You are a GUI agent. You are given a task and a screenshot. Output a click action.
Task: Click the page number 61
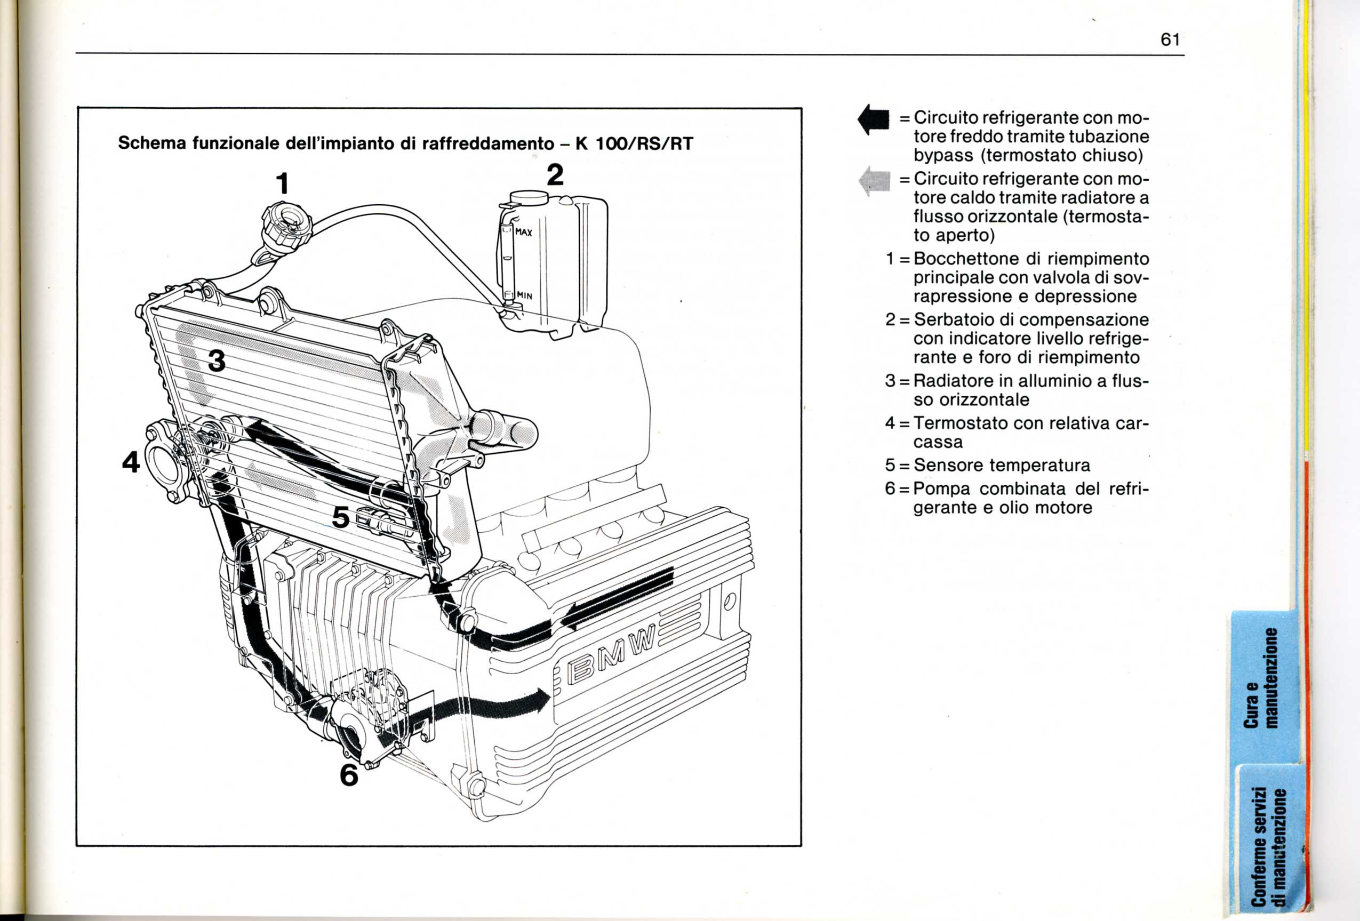point(1170,40)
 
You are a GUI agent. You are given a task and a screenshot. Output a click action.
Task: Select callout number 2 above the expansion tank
point(555,174)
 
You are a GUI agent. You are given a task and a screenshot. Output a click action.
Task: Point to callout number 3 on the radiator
point(217,361)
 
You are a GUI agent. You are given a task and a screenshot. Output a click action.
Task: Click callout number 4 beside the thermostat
point(131,462)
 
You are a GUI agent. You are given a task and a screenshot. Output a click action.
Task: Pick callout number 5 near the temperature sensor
point(341,517)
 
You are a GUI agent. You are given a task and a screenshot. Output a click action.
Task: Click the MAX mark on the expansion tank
point(524,233)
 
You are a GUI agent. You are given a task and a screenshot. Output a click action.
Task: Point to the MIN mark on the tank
point(524,295)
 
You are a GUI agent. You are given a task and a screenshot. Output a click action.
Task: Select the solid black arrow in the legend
point(874,120)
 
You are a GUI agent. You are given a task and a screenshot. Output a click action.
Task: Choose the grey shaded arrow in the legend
point(874,181)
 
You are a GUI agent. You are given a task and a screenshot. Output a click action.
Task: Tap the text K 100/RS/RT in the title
point(634,143)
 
